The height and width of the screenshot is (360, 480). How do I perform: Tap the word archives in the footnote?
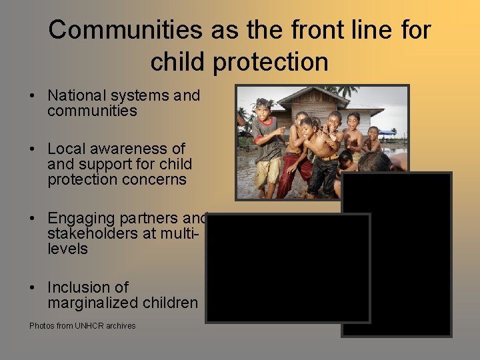pos(120,326)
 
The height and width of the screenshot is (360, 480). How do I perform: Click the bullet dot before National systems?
pos(33,96)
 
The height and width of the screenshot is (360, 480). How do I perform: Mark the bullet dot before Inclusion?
pos(33,288)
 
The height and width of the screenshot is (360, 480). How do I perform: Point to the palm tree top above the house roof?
pos(347,91)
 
